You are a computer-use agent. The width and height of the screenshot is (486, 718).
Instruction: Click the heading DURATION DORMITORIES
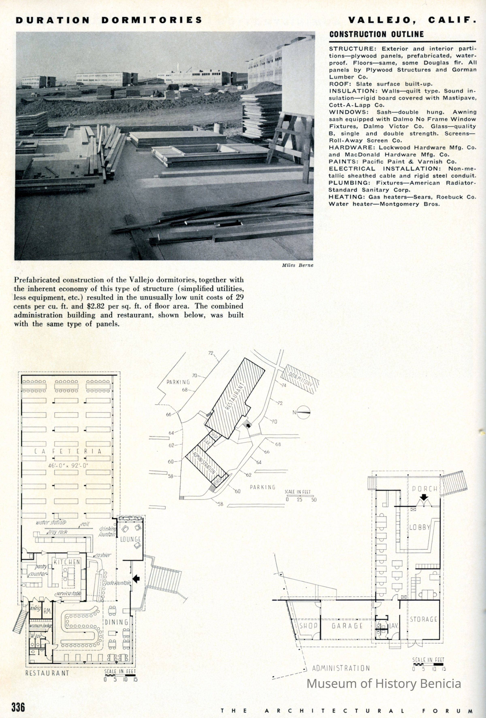pyautogui.click(x=109, y=20)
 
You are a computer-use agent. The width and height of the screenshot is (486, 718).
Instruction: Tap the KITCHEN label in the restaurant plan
pyautogui.click(x=67, y=562)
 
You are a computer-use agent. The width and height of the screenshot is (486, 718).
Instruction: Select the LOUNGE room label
pyautogui.click(x=131, y=539)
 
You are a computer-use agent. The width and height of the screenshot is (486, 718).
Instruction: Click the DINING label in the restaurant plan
pyautogui.click(x=116, y=622)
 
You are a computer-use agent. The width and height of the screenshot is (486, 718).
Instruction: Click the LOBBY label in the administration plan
pyautogui.click(x=420, y=527)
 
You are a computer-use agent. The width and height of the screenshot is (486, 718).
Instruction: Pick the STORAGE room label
pyautogui.click(x=423, y=619)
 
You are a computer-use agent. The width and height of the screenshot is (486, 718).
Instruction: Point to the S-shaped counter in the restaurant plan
pyautogui.click(x=82, y=627)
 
